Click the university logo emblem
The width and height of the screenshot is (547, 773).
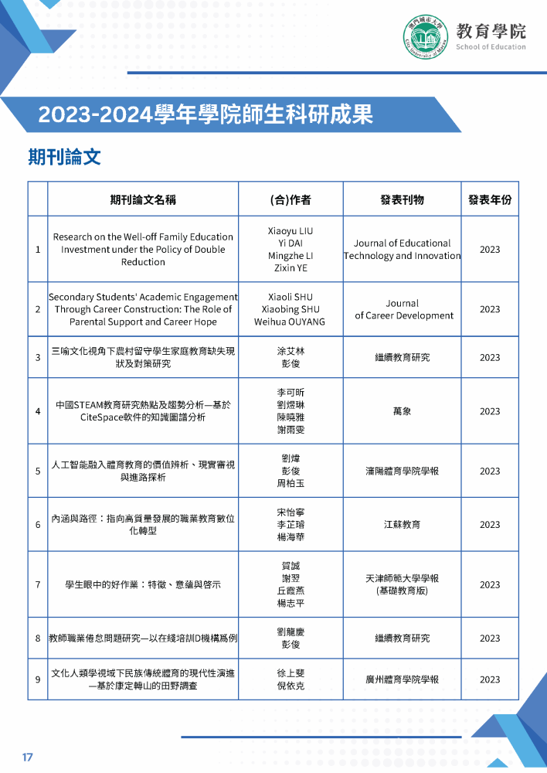point(426,36)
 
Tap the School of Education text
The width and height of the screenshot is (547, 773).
point(491,47)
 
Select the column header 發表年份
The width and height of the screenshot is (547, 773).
point(490,199)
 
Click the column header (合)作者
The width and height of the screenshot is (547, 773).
point(290,199)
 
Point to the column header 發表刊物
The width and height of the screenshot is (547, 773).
point(402,199)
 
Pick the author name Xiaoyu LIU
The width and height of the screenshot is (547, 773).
point(290,231)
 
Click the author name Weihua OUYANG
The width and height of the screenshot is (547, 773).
point(290,322)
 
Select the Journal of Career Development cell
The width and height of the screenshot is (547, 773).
point(402,309)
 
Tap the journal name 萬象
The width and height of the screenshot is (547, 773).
point(402,411)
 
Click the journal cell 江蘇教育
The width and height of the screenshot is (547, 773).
point(402,525)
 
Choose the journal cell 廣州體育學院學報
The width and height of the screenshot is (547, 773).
point(402,679)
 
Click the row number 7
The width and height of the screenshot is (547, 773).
point(38,584)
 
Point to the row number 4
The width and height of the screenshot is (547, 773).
point(38,411)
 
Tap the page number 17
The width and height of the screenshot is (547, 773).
point(28,757)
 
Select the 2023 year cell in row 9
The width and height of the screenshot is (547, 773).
point(490,679)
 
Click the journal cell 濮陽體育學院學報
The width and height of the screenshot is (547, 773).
point(402,471)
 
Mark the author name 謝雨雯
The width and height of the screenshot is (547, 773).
point(290,430)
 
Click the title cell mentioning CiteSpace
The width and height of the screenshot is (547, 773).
point(143,411)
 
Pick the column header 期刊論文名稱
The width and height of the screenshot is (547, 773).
point(143,199)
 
